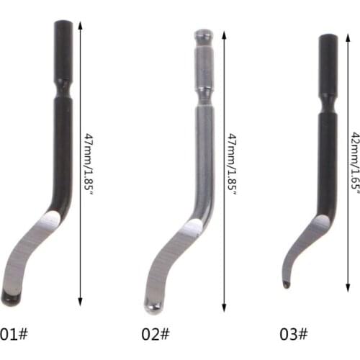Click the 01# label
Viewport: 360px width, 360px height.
pos(14,334)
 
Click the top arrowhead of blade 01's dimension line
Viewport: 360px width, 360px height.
pos(80,24)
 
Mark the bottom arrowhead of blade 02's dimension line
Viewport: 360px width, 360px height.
pos(224,302)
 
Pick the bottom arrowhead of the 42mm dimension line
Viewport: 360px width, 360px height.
pos(346,284)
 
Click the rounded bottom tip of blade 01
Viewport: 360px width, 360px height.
pos(9,297)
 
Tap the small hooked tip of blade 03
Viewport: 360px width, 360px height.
pos(286,284)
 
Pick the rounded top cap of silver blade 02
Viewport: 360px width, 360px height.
pos(204,33)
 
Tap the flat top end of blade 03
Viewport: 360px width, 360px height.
pos(328,37)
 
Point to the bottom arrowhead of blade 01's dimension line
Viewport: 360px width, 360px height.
pos(80,302)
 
